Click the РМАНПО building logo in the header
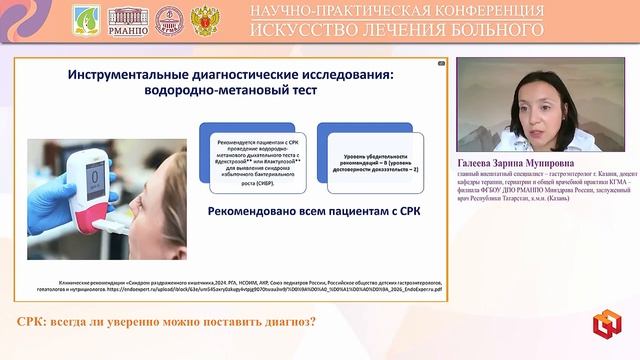click(127, 19)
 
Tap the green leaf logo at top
click(87, 19)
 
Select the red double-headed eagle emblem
click(206, 19)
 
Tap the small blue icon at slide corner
click(440, 63)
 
